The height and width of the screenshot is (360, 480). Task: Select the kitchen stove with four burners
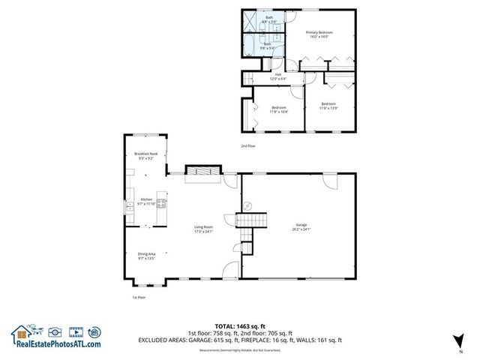[x=161, y=202]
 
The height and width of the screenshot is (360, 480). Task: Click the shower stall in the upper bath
[x=253, y=21]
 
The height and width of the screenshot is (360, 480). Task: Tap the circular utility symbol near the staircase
[x=253, y=205]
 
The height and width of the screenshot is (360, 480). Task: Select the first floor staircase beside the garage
[x=251, y=220]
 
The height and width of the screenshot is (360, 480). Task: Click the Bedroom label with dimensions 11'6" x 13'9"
[x=328, y=106]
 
